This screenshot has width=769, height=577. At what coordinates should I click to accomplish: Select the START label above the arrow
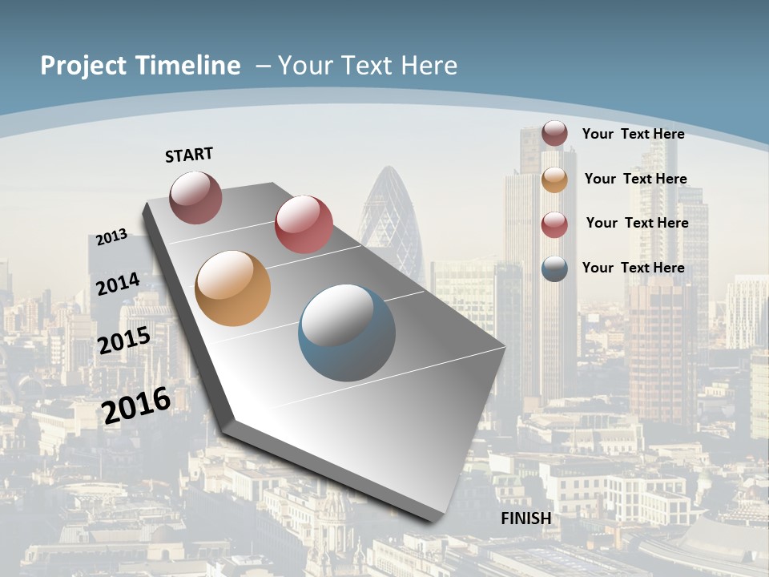point(189,155)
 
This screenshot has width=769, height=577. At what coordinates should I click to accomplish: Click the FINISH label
point(526,518)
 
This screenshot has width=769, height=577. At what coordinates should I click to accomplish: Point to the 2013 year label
point(111,237)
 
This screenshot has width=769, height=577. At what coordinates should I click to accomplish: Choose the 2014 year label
point(118,284)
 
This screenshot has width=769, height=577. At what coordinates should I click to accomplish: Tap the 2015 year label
point(123,340)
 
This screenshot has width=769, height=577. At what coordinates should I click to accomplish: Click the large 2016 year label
point(135,405)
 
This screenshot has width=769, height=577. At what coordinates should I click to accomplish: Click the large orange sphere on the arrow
point(232,288)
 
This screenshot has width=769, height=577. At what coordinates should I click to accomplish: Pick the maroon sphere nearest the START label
point(195,197)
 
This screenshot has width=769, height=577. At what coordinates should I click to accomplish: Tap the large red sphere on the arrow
point(304,224)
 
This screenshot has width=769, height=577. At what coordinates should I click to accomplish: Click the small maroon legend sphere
point(554,134)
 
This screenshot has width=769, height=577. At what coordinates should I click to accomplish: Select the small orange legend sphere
point(554,180)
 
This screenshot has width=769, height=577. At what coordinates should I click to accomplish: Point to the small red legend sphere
point(554,224)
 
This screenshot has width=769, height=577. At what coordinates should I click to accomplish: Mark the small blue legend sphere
point(554,268)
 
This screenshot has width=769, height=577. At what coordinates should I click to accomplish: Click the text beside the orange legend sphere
point(635,179)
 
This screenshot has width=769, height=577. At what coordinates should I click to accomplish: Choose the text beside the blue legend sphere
point(633,268)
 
